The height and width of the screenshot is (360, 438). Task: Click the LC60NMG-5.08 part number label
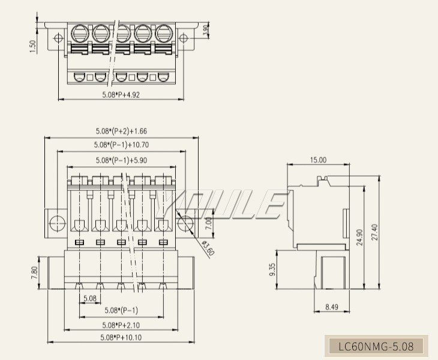point(376,346)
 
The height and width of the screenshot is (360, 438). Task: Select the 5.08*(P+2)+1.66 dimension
point(121,131)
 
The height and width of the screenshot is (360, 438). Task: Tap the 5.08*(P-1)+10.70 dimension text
point(121,145)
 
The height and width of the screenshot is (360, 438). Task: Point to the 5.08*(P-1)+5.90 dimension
point(121,160)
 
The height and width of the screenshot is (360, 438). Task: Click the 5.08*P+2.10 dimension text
point(121,325)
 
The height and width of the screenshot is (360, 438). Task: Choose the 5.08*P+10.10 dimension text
point(121,337)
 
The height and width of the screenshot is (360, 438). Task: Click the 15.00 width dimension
point(318,160)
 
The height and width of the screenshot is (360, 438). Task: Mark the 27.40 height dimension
point(376,232)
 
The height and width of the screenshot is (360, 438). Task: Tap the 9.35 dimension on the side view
point(273,269)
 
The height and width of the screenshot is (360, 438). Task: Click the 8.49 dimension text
point(331,307)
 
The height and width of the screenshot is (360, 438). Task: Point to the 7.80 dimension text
point(34,273)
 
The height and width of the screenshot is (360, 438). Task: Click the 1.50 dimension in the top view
point(33,46)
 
